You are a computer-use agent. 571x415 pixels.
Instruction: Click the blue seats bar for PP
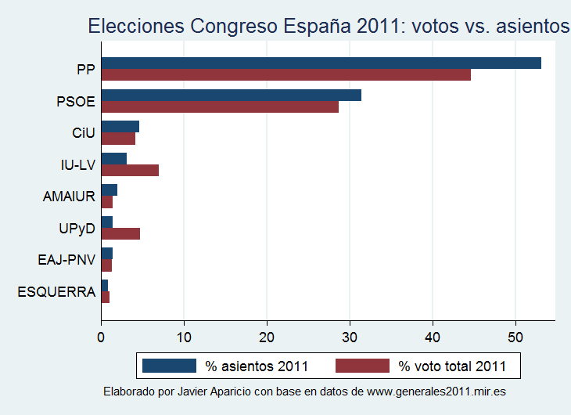coord(321,63)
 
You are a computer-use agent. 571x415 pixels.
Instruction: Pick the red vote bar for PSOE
coord(220,106)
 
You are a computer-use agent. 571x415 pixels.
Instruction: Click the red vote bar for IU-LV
coord(130,170)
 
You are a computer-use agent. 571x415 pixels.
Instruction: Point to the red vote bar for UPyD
coord(120,233)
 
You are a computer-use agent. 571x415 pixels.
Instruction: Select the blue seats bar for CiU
coord(120,127)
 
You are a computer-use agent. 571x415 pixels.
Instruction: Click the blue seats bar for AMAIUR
coord(109,190)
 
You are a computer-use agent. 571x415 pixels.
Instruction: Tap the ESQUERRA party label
coord(56,292)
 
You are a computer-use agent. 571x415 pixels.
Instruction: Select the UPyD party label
coord(77,228)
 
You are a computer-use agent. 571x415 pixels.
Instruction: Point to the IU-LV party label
coord(77,164)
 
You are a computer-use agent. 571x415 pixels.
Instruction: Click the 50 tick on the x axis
coord(515,338)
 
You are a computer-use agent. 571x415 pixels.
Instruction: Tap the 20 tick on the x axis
coord(267,338)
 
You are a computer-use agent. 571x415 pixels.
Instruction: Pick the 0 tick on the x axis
coord(102,338)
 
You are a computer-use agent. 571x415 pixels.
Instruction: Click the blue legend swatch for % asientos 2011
coord(169,366)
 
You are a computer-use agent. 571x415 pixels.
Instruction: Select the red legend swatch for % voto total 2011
coord(362,366)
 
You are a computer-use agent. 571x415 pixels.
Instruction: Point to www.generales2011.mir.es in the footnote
coord(440,391)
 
